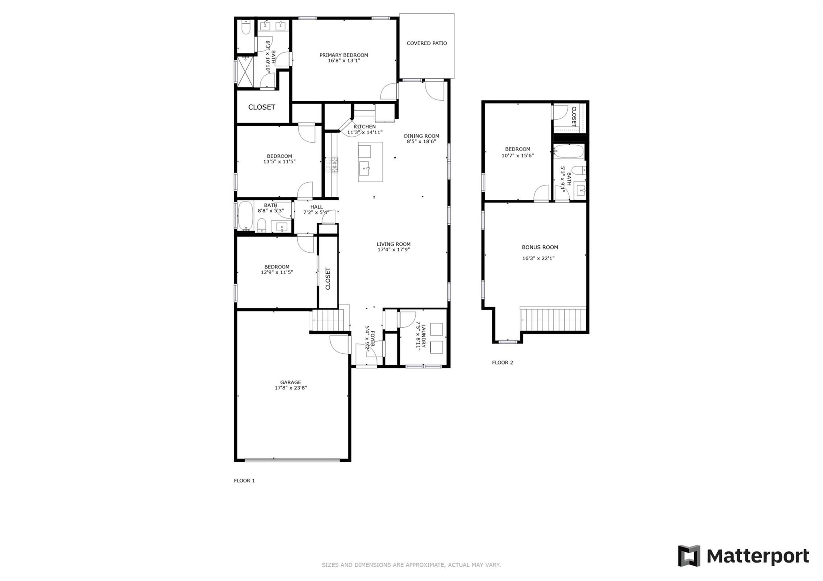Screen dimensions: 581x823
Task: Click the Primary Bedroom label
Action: pos(344,55)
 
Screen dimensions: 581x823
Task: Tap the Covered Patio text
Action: pos(426,43)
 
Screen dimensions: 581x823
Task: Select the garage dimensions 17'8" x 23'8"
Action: pos(291,388)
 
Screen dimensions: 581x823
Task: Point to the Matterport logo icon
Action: pos(689,556)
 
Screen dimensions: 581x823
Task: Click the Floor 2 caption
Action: pos(502,363)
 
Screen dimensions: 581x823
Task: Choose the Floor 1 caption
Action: pos(244,481)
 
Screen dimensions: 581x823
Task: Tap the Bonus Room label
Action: pos(540,247)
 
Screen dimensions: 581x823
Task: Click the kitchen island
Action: pos(370,162)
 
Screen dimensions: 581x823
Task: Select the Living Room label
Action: pos(393,244)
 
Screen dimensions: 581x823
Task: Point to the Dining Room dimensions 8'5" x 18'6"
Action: pos(421,141)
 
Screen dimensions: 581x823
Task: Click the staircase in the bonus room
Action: pos(553,319)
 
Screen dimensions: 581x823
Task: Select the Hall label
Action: pos(316,207)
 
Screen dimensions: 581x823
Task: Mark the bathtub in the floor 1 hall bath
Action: pos(245,216)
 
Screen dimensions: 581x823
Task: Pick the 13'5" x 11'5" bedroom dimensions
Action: pos(279,162)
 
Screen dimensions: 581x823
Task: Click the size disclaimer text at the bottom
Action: pos(411,565)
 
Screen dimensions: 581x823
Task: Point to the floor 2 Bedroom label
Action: pos(518,149)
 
